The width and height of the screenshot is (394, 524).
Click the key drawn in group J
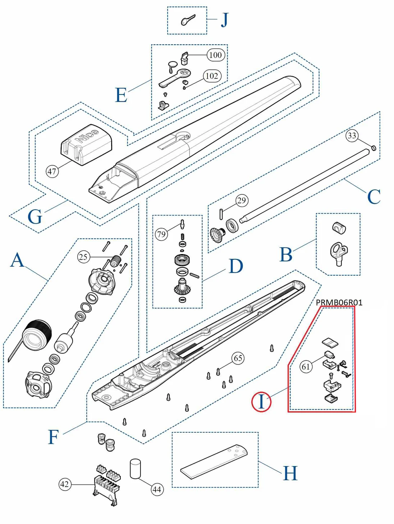188,20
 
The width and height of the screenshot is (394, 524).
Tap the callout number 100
215,55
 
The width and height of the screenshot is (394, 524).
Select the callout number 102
212,76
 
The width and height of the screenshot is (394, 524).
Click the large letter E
121,95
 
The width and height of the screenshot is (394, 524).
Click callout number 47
52,171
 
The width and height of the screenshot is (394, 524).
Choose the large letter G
35,217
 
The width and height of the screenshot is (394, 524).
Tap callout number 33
352,135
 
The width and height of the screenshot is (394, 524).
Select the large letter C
374,197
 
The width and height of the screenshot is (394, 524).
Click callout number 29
242,200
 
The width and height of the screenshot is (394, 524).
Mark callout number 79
161,235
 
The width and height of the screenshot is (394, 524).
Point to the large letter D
236,266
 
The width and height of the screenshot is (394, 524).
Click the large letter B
286,255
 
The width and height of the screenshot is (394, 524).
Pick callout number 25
83,257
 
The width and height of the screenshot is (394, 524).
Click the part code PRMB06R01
339,303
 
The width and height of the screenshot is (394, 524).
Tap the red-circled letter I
261,401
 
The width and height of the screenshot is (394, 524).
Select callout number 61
306,367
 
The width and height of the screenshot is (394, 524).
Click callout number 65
238,358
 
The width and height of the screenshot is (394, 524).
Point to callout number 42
64,484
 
